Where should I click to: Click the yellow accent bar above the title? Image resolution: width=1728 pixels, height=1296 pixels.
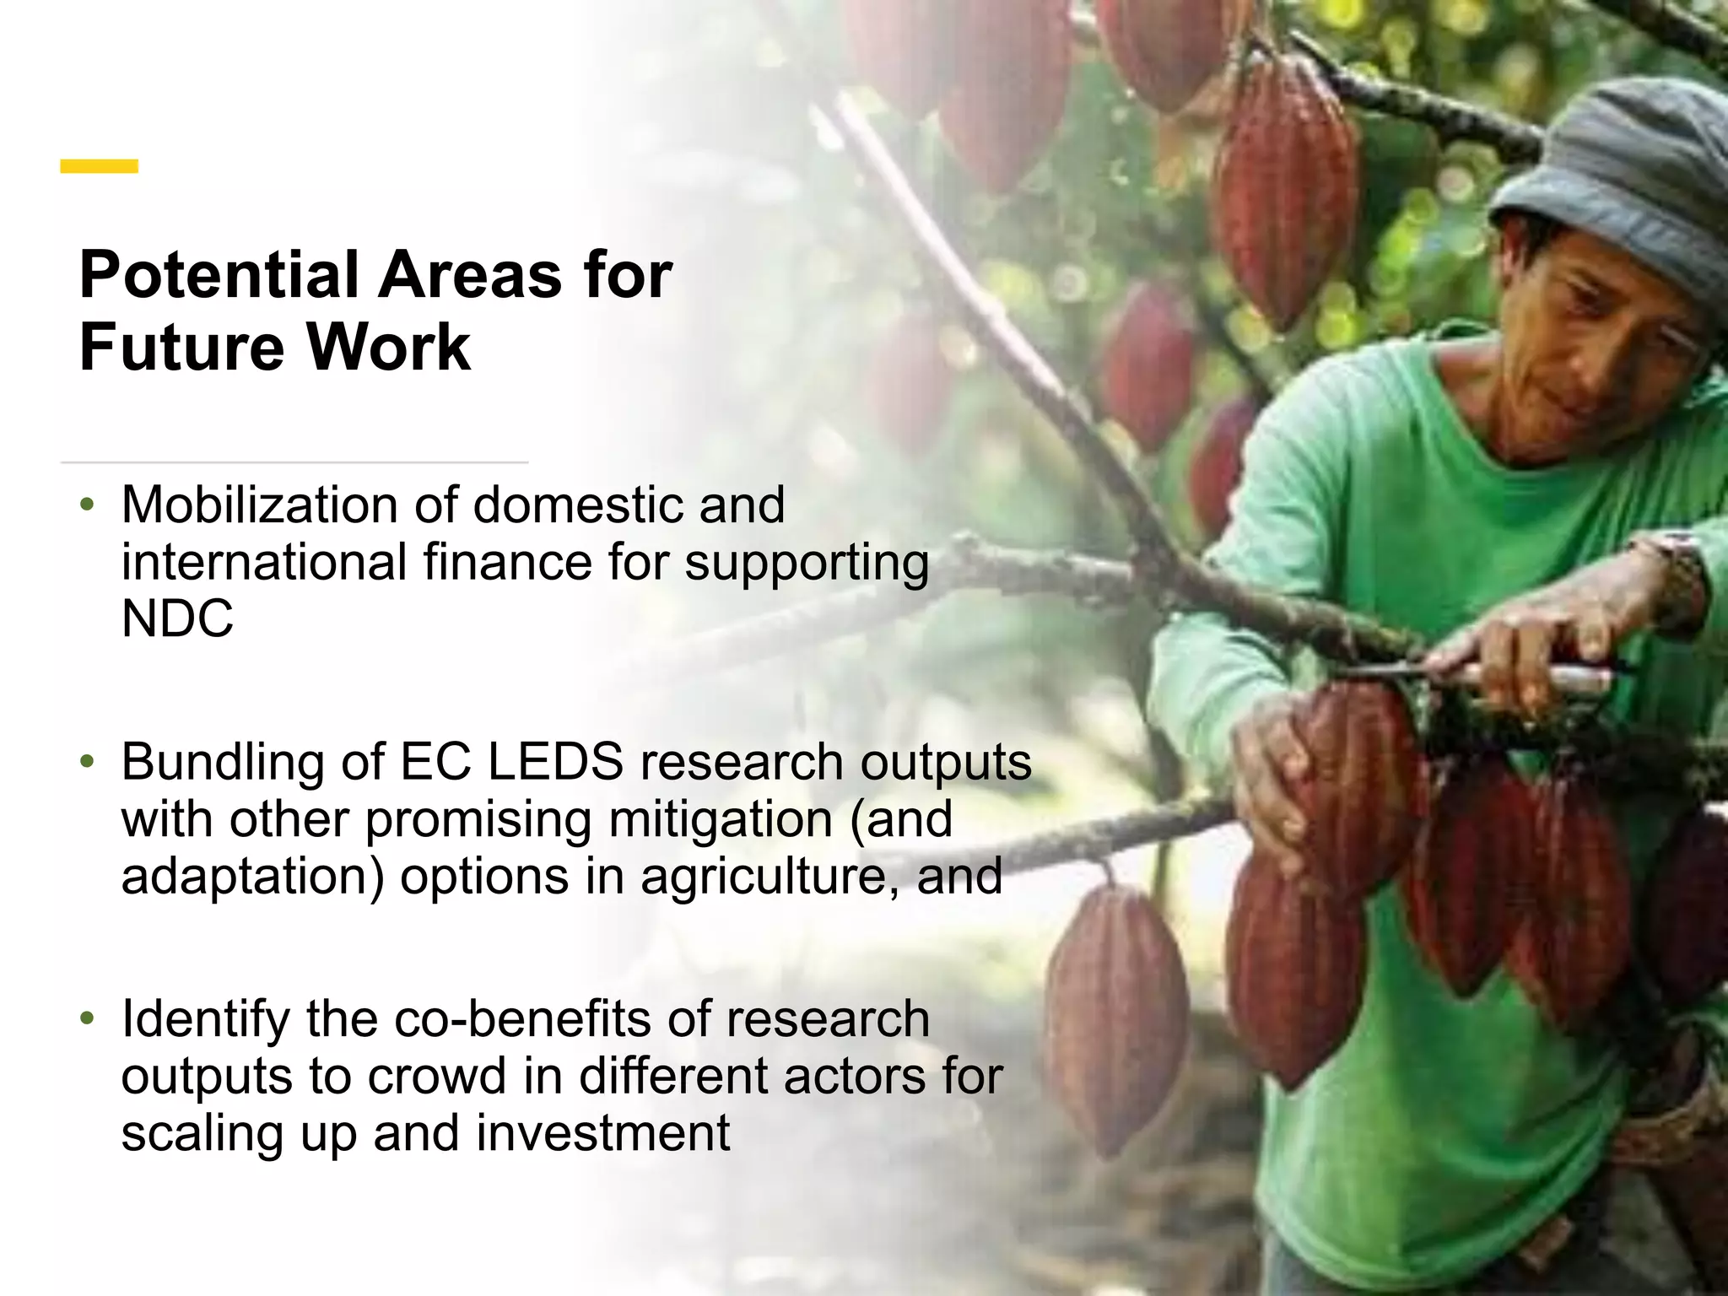click(99, 166)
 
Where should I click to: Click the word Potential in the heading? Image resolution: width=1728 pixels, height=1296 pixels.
click(219, 275)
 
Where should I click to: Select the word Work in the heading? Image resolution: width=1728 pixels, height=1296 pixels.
click(387, 347)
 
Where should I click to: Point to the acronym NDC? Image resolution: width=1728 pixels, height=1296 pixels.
click(177, 618)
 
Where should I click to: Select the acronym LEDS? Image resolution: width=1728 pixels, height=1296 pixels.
click(555, 762)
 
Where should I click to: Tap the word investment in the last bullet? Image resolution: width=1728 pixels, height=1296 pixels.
click(602, 1132)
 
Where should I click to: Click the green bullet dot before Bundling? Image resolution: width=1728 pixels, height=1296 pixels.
click(86, 763)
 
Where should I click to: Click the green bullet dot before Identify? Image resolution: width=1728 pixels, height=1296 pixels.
click(86, 1019)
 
